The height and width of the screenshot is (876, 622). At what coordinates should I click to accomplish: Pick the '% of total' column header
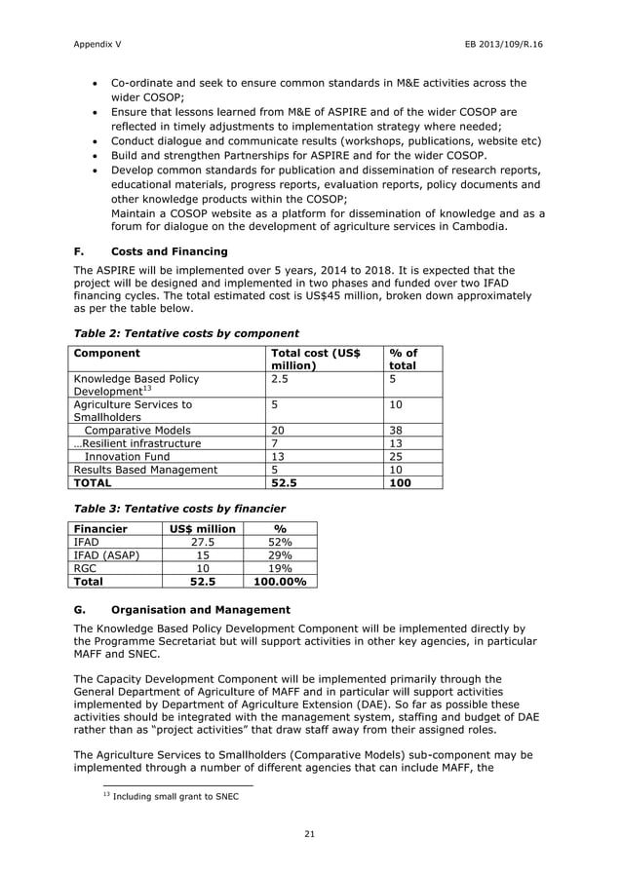(x=403, y=359)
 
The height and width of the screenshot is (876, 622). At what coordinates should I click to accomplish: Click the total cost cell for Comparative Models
(x=278, y=430)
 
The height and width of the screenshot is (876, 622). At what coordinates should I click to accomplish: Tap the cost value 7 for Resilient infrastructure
(x=275, y=442)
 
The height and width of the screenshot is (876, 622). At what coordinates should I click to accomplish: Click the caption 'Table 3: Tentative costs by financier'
(x=179, y=508)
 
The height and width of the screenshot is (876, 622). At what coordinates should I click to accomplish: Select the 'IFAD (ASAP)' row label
(x=110, y=554)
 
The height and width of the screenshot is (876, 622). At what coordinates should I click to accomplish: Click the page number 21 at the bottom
(x=310, y=833)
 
